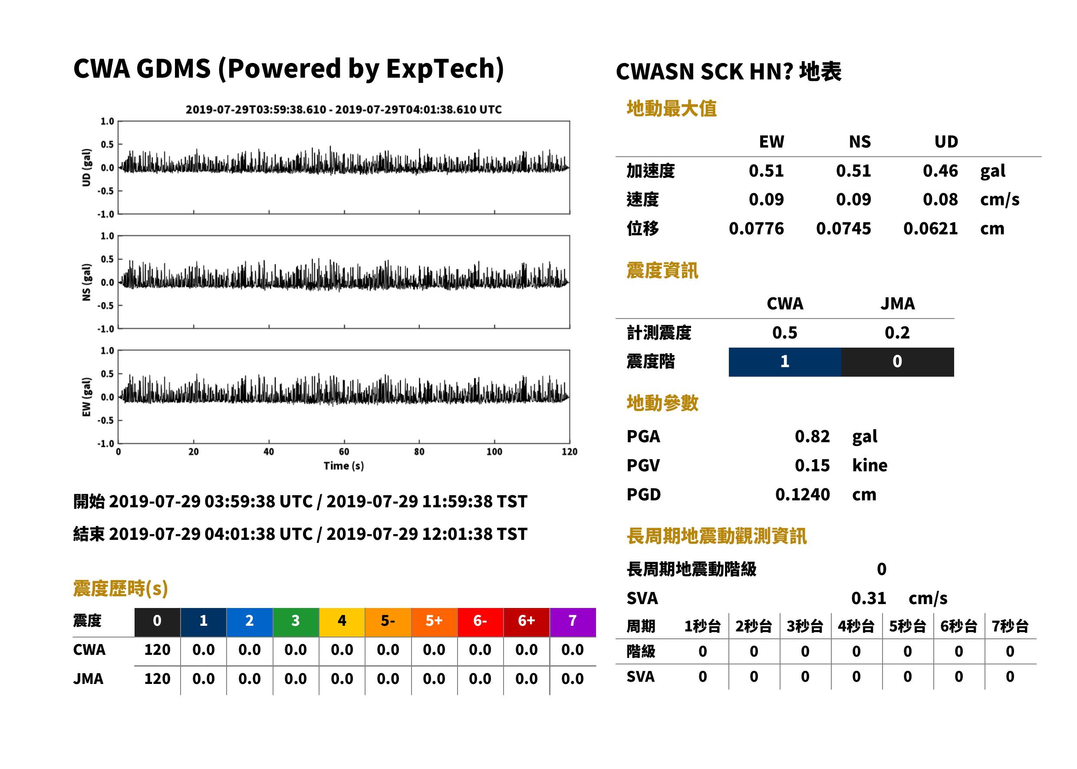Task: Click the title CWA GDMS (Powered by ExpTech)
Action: [288, 69]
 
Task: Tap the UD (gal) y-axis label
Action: [86, 168]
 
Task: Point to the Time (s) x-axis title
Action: [344, 466]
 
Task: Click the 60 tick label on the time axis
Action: [344, 452]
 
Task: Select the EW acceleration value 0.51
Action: [766, 171]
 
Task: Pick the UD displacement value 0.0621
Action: [930, 229]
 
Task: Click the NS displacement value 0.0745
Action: [843, 229]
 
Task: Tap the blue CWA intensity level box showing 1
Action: [785, 362]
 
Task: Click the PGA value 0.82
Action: [812, 437]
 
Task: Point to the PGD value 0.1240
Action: [802, 495]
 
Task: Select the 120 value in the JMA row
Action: [157, 679]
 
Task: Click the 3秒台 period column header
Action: [805, 627]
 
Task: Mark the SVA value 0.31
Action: [869, 598]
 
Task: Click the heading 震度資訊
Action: [662, 270]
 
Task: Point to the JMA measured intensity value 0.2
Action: [897, 333]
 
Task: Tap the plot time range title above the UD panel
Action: [343, 110]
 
